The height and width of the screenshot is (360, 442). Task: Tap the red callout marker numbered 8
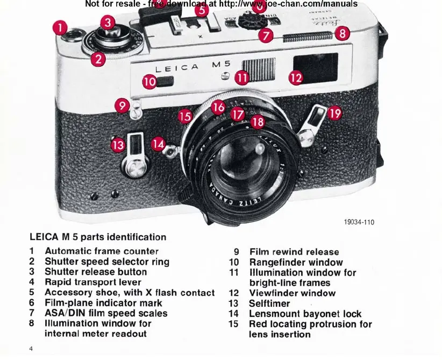coord(343,33)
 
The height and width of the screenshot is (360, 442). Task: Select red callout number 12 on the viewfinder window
coord(295,77)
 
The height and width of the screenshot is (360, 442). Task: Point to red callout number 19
coord(334,112)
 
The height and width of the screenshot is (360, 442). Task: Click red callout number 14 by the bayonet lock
coord(158,144)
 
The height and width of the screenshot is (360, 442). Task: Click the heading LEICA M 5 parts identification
coord(98,237)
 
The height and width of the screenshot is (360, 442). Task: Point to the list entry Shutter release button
coord(95,272)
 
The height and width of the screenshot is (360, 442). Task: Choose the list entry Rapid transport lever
coord(92,282)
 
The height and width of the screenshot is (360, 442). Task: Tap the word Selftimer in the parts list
coord(269,303)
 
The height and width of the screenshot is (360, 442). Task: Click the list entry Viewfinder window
coord(292,293)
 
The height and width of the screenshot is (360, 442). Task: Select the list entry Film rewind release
coord(294,252)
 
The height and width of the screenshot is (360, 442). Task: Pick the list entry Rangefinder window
coord(296,262)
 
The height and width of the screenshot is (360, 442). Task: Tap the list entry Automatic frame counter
coord(101,251)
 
